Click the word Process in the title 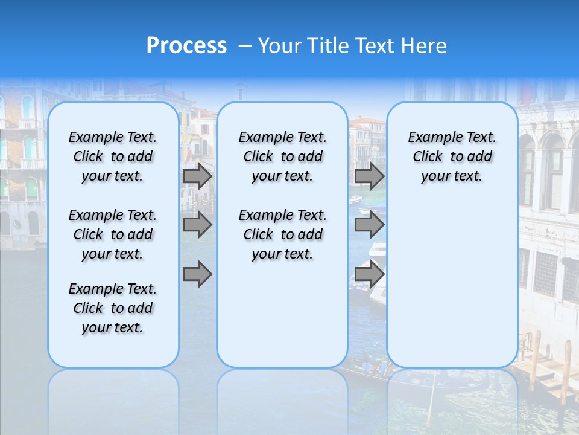(x=186, y=46)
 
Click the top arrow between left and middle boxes (x=197, y=176)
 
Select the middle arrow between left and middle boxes (x=197, y=225)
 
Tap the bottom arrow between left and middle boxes (x=197, y=274)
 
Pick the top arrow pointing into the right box (x=369, y=176)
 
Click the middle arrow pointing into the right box (x=369, y=225)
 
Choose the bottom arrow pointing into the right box (x=369, y=274)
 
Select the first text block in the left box (x=113, y=157)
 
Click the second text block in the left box (x=113, y=234)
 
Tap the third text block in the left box (x=113, y=308)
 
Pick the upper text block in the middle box (x=282, y=157)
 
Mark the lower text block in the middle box (x=282, y=234)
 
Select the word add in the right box (x=479, y=157)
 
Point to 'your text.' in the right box (x=452, y=176)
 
